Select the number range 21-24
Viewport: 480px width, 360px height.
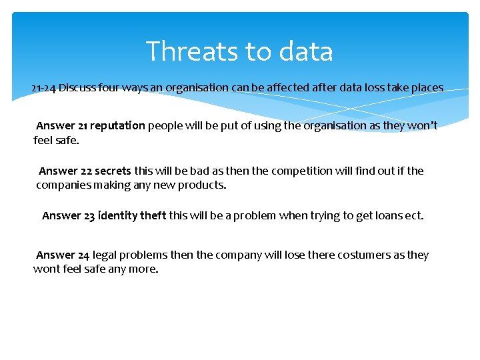point(43,88)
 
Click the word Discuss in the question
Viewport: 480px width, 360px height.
point(77,88)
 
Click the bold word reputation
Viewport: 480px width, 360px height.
point(117,125)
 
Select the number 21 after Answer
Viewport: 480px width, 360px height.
point(83,125)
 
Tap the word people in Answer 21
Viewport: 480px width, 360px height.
point(165,125)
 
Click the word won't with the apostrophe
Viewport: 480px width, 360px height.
point(423,125)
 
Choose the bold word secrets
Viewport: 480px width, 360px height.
point(113,171)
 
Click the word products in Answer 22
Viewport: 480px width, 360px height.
point(205,185)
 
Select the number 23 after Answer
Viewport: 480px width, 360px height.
point(89,216)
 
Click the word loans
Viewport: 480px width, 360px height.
point(387,216)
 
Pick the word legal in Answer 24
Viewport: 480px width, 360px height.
point(105,255)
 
